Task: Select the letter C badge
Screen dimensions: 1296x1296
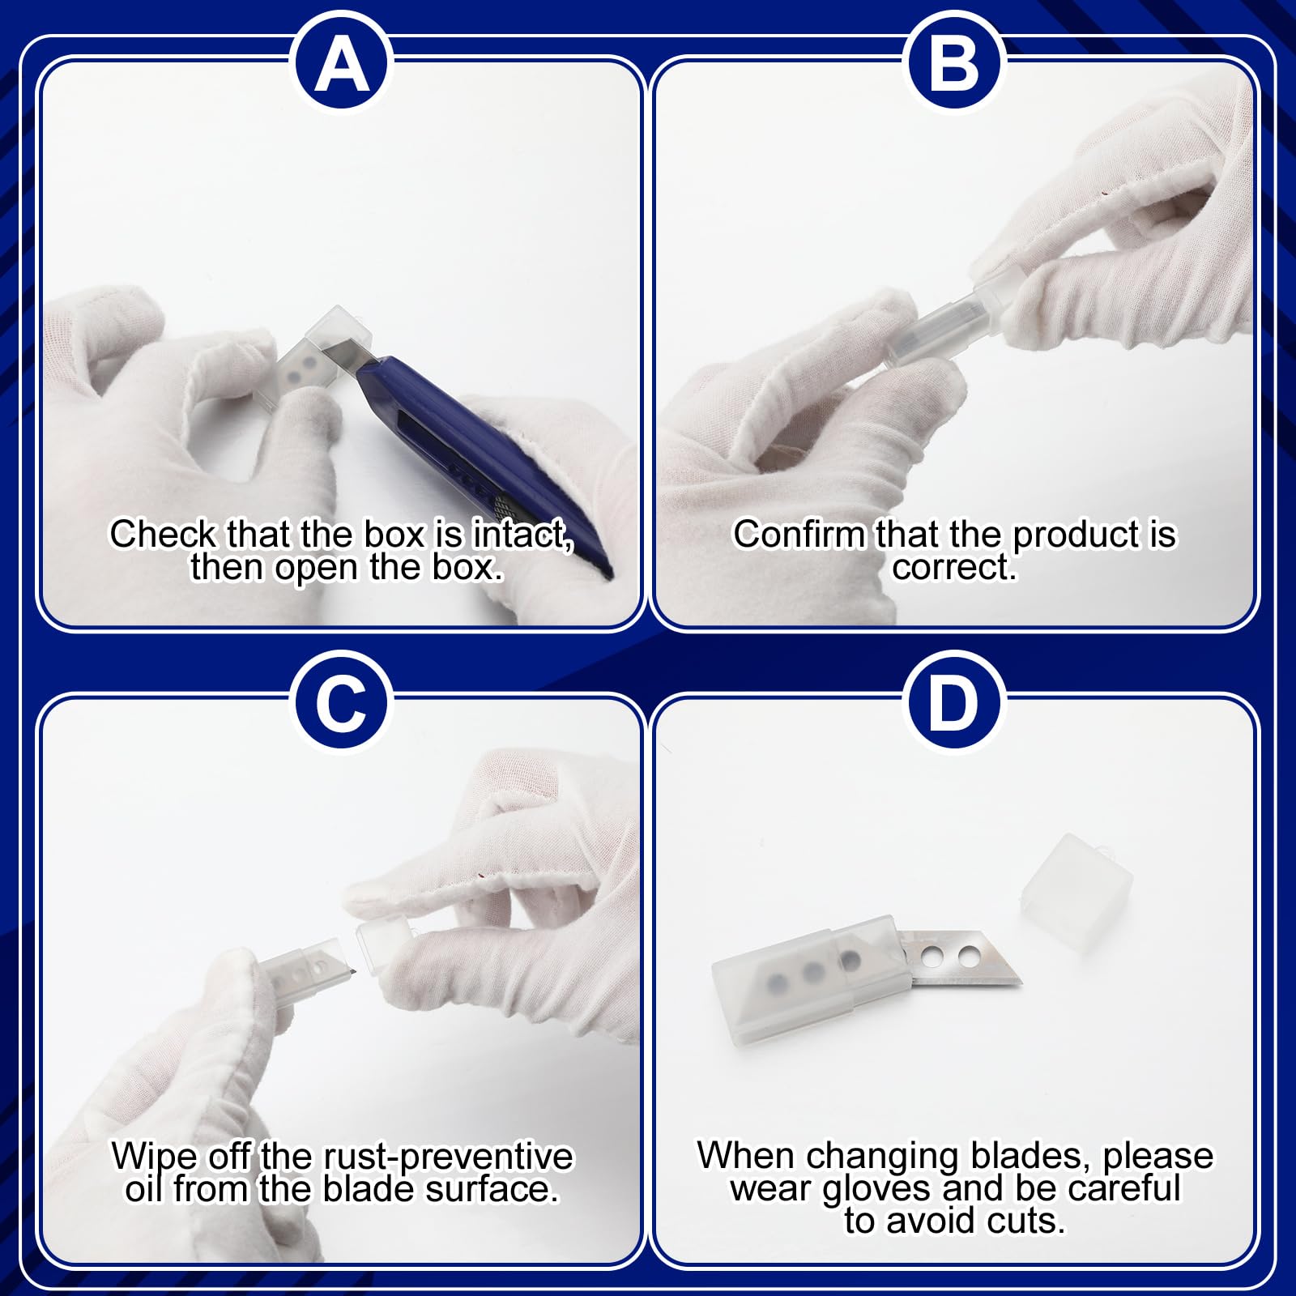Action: click(342, 702)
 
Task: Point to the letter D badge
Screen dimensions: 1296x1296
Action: click(953, 702)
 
